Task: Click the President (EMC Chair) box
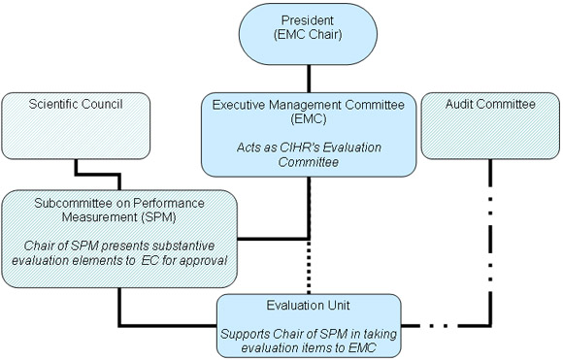pyautogui.click(x=309, y=33)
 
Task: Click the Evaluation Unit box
pyautogui.click(x=309, y=321)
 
